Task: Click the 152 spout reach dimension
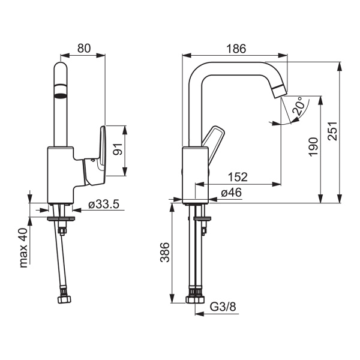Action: click(238, 177)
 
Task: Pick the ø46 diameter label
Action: click(231, 193)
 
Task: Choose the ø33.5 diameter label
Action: click(104, 205)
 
